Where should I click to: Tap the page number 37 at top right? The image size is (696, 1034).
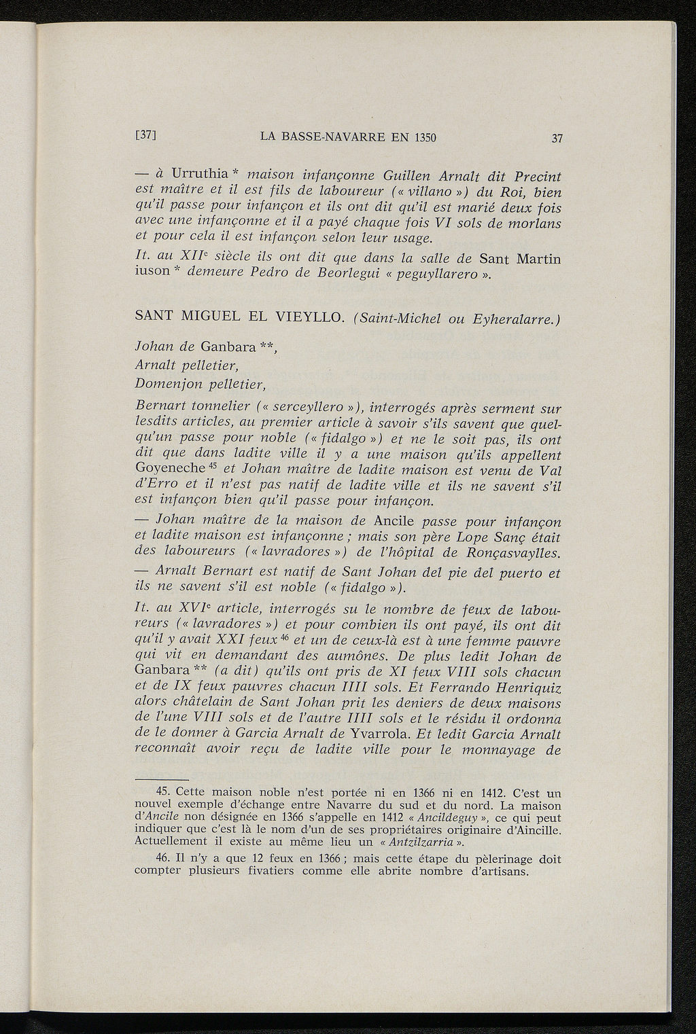(x=557, y=138)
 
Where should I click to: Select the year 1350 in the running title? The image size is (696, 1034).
(x=421, y=137)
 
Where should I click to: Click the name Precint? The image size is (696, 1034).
(x=533, y=176)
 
